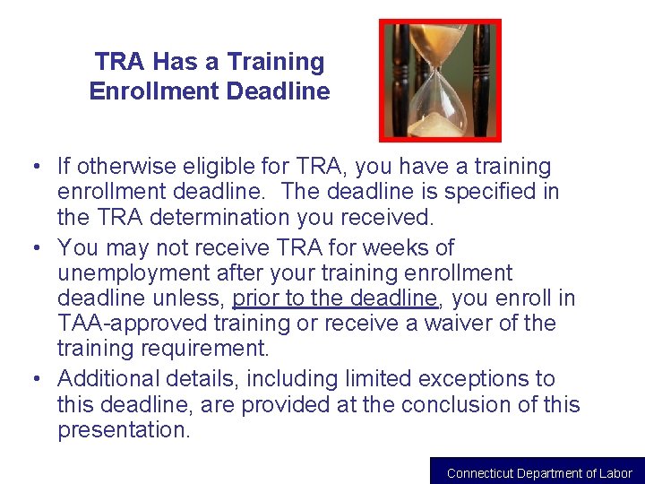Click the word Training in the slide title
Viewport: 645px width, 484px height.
276,62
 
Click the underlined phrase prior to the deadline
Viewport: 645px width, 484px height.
334,298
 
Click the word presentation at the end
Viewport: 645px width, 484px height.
123,430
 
